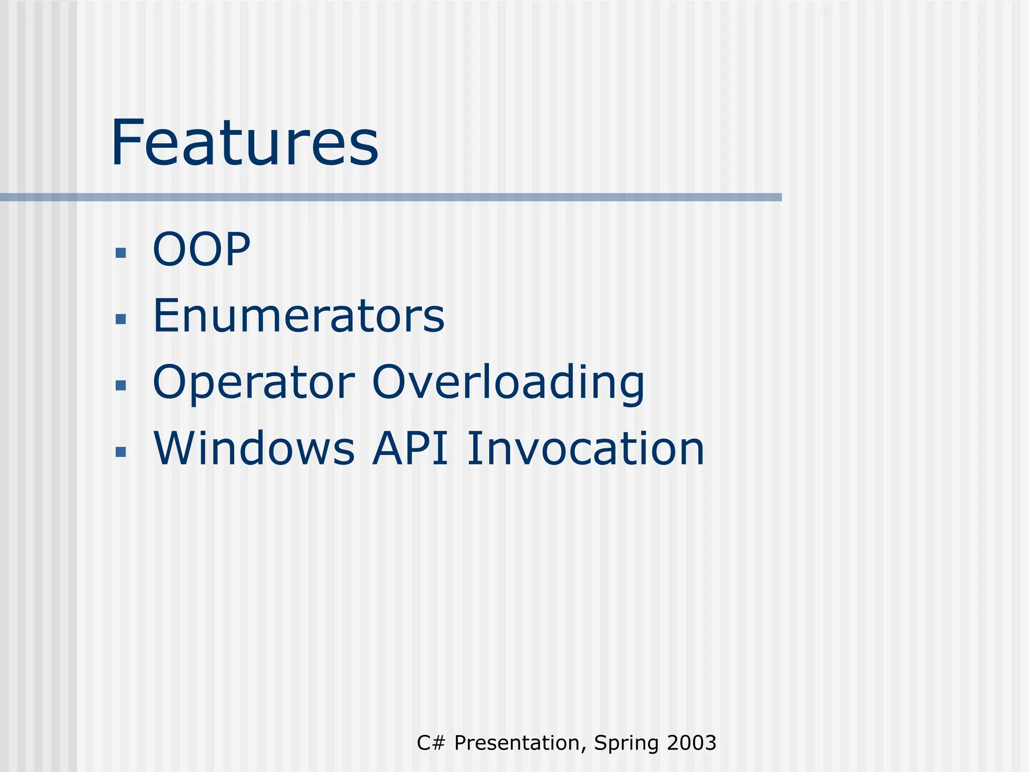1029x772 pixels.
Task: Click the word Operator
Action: point(254,383)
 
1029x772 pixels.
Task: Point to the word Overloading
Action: point(508,383)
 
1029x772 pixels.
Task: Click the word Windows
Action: point(254,448)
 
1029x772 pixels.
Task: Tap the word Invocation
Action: point(586,448)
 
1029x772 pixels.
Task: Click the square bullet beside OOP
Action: point(121,252)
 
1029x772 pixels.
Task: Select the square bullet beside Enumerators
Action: point(121,319)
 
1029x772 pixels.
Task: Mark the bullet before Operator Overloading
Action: point(121,385)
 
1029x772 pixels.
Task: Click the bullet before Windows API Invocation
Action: point(121,452)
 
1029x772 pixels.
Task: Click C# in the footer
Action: point(431,743)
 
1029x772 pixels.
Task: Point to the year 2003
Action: point(692,743)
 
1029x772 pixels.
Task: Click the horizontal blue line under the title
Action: point(391,198)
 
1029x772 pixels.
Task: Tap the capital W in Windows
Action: point(174,448)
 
